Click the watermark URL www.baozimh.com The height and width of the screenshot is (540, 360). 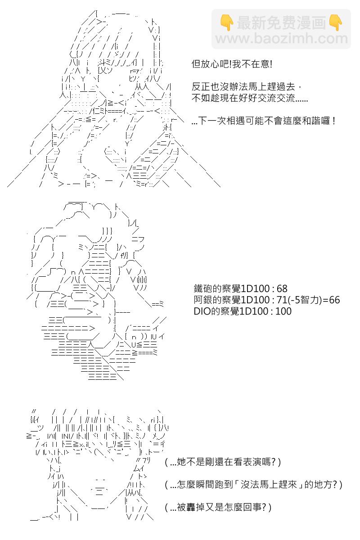click(x=281, y=39)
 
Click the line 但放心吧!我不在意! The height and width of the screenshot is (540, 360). click(x=232, y=64)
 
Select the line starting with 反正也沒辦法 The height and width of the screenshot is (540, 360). click(x=247, y=86)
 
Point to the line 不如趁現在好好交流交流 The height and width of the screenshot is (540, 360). click(x=250, y=98)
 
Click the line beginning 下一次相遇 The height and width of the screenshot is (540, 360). click(x=263, y=120)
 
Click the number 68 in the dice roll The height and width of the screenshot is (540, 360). click(x=282, y=288)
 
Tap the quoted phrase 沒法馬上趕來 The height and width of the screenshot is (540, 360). click(x=268, y=485)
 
